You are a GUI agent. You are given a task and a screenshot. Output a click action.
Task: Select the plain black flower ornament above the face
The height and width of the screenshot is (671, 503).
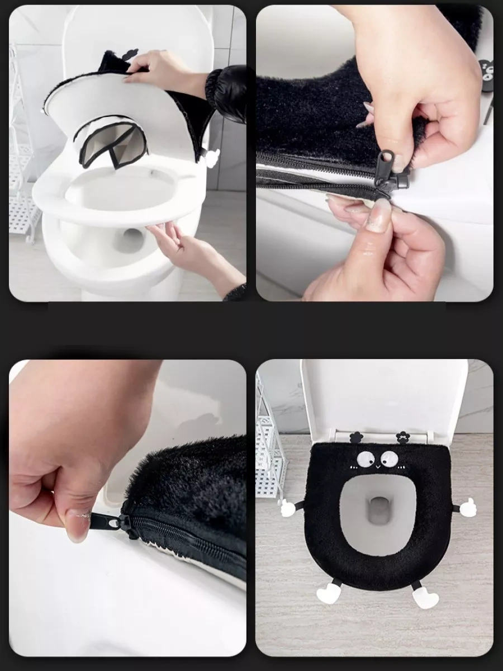354,437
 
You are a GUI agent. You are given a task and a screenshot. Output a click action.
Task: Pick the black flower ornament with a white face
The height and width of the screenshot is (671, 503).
402,436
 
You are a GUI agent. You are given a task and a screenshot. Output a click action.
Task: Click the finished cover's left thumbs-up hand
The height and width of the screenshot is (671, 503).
288,507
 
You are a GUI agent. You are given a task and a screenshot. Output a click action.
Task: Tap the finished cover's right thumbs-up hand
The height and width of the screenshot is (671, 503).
466,507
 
